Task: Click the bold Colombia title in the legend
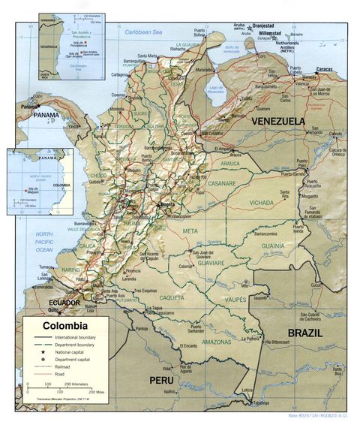coord(64,327)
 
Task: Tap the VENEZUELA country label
coord(278,121)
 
